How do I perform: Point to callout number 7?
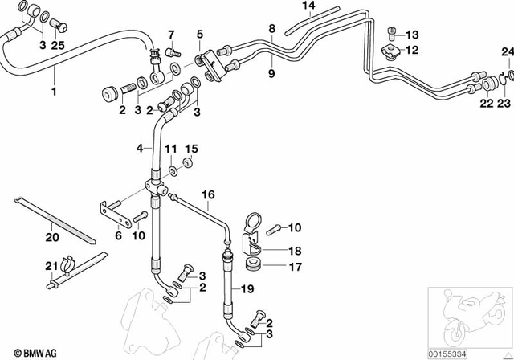click(170, 34)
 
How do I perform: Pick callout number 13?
click(412, 34)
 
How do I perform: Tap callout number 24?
click(506, 52)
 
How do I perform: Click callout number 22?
click(487, 104)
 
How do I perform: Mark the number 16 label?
click(208, 195)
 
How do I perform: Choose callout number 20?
click(51, 237)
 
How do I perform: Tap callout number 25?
click(58, 45)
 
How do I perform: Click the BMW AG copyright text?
click(27, 352)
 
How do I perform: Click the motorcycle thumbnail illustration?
click(470, 317)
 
